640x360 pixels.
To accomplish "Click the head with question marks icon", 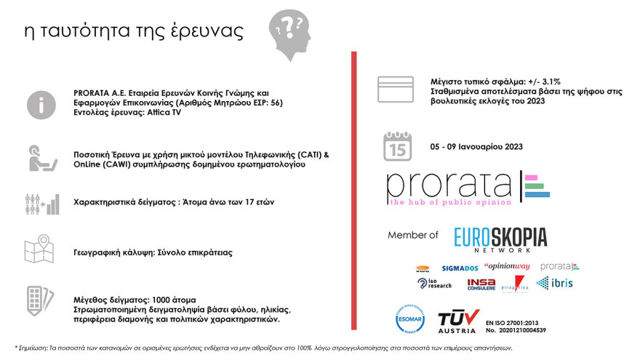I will [x=291, y=33].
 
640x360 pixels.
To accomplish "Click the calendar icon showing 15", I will [x=398, y=146].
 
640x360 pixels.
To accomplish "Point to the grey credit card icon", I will [x=396, y=89].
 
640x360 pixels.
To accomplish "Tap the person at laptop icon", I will [x=41, y=158].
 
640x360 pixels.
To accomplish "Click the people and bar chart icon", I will [x=41, y=203].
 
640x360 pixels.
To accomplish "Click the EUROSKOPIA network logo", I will [x=500, y=239].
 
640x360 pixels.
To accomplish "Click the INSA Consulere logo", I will [x=481, y=284].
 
